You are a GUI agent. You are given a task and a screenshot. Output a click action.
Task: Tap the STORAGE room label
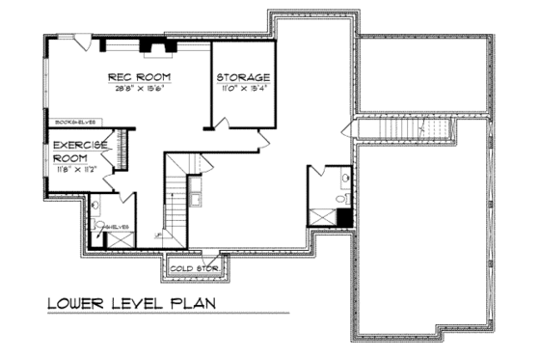[x=242, y=77]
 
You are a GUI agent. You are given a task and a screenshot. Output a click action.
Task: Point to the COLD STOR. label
[x=193, y=267]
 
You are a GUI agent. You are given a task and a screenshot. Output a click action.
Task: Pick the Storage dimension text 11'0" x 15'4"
[x=243, y=89]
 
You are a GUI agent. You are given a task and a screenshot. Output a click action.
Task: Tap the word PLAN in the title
[x=189, y=305]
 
